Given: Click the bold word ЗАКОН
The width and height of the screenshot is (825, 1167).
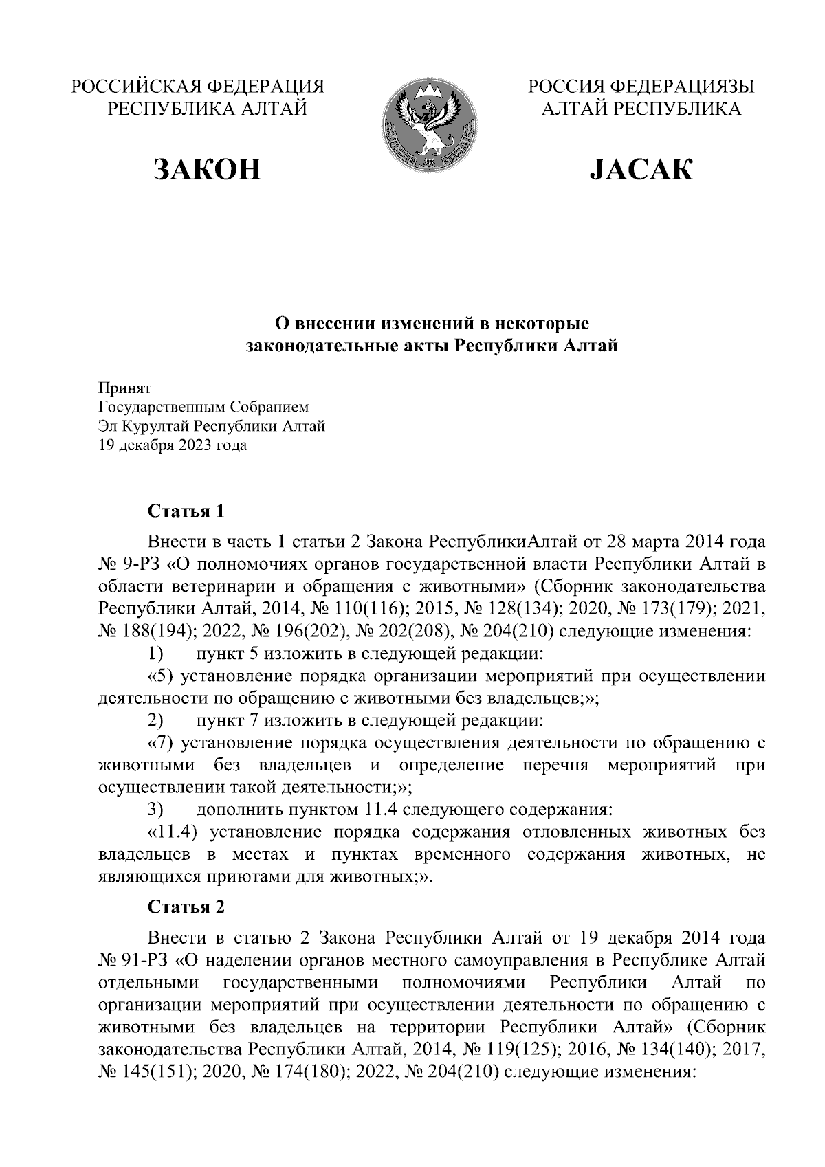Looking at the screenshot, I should coord(208,170).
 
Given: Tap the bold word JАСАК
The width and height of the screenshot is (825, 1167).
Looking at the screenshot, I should coord(641,170).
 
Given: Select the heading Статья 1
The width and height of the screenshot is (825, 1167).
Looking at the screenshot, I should coord(186,512).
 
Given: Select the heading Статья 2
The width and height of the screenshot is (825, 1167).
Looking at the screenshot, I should coord(186,907).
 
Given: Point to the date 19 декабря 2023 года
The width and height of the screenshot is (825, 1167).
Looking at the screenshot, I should coord(173,445).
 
